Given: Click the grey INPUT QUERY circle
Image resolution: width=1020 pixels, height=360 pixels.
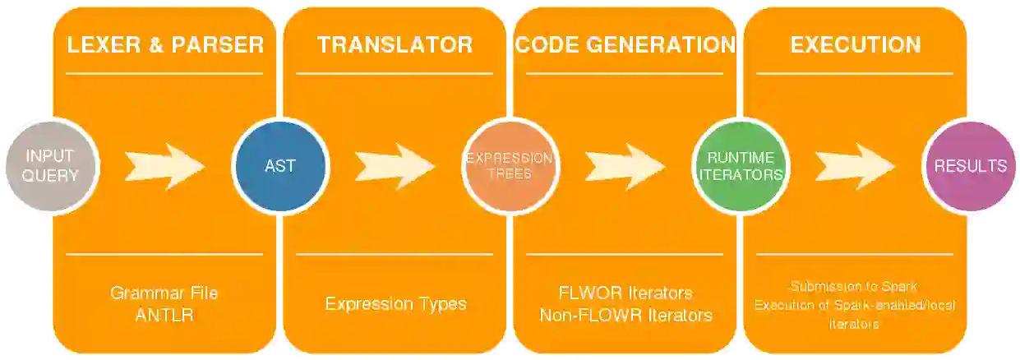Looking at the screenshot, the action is coord(52,166).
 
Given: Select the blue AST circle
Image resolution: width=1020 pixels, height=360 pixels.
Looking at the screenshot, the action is coord(279,166).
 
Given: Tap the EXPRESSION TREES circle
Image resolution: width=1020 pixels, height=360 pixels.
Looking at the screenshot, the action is coord(510,166).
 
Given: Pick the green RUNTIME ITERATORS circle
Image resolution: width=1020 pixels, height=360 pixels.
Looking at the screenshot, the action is coord(739,166).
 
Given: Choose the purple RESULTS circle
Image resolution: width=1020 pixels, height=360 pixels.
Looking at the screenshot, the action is coord(970,166).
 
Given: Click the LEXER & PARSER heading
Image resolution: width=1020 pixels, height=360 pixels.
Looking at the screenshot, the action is coord(164,44).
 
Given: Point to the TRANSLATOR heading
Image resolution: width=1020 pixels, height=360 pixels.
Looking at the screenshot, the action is coord(395,44).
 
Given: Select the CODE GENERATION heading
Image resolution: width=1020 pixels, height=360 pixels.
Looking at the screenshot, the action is coord(625,44).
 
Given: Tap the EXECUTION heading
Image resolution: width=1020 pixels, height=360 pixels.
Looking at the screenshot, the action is coord(855,44).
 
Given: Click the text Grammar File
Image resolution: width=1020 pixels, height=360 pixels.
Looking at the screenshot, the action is coord(164,293).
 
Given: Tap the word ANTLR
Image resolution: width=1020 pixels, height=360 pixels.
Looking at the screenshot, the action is coord(164,315).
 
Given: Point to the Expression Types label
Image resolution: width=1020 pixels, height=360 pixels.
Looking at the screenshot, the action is coord(395,304).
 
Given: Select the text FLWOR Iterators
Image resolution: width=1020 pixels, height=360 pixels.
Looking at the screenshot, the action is coord(625,293).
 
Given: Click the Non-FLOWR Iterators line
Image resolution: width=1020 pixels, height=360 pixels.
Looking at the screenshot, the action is coord(625,315).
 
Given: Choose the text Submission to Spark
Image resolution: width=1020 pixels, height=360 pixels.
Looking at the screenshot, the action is coord(854,287).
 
